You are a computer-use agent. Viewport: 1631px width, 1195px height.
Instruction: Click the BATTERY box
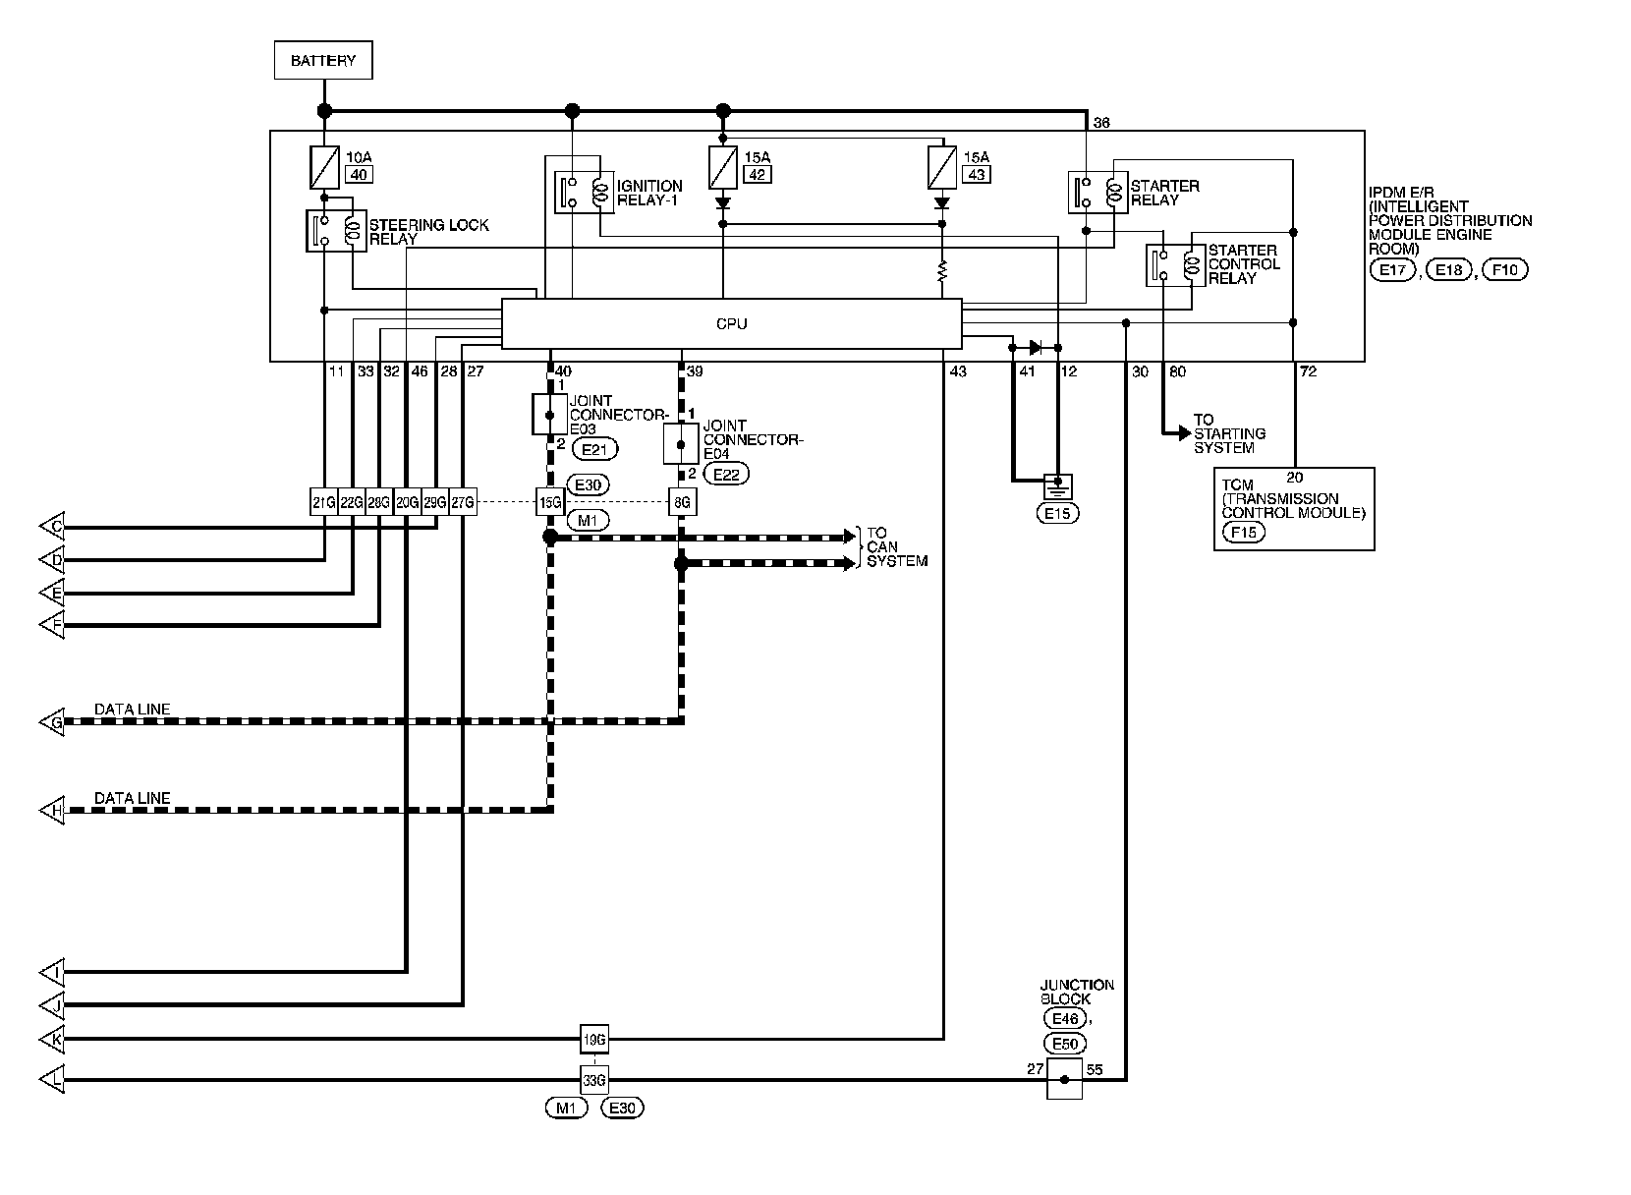click(323, 60)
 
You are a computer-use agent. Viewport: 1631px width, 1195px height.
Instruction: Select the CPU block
click(732, 323)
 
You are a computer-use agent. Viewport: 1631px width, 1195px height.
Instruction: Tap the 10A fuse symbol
click(325, 167)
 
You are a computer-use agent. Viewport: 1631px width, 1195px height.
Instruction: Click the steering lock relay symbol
click(336, 231)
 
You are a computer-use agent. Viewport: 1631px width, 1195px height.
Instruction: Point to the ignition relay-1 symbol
click(584, 193)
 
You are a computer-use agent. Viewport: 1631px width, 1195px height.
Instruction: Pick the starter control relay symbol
click(1175, 265)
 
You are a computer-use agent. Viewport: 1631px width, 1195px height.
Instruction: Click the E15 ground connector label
click(1057, 513)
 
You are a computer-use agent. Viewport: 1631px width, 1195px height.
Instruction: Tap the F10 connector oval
click(1505, 270)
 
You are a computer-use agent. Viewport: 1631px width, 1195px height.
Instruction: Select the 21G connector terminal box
click(324, 502)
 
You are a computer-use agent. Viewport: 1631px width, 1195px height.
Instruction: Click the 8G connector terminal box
click(682, 502)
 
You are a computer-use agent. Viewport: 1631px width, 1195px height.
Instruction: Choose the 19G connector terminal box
click(594, 1039)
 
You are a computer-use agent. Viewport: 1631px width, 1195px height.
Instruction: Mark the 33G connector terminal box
click(594, 1080)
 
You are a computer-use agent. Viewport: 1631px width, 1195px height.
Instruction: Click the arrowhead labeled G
click(52, 721)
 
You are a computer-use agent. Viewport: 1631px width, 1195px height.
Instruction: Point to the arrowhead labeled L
click(52, 1080)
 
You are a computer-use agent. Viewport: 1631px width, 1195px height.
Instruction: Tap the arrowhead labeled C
click(52, 526)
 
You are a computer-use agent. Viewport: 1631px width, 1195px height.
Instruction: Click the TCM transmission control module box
click(1294, 509)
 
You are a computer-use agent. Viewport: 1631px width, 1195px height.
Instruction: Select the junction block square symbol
click(1064, 1080)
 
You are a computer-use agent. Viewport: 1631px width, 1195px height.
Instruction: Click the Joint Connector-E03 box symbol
click(550, 415)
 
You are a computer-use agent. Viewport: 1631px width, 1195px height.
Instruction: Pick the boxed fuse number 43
click(977, 175)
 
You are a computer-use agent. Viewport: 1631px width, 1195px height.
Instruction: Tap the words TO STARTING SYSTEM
click(1230, 434)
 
